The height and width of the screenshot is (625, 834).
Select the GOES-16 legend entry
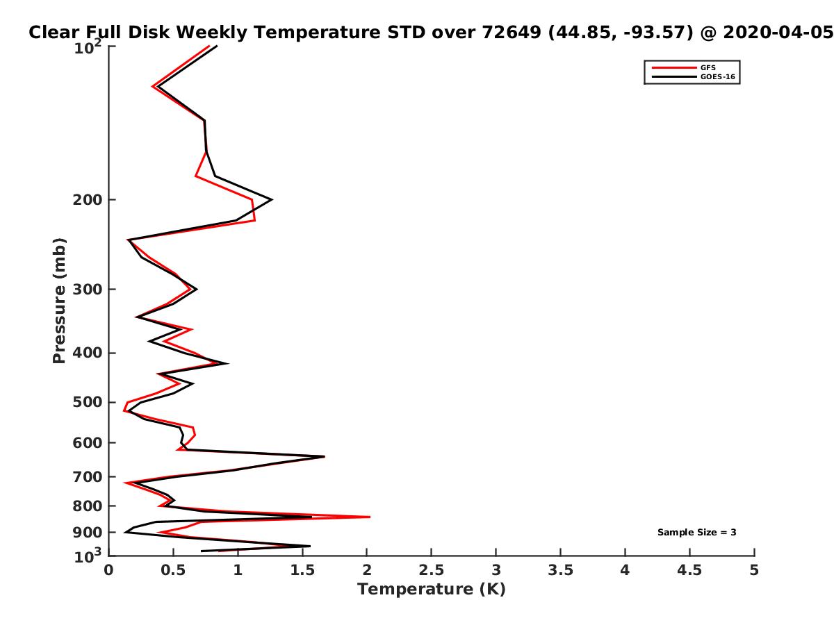(x=693, y=76)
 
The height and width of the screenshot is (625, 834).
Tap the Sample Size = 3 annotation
(x=696, y=532)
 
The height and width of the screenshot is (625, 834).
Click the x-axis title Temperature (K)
(x=432, y=590)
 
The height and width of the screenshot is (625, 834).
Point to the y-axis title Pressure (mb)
(x=59, y=301)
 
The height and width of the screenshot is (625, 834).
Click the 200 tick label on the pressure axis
(x=88, y=200)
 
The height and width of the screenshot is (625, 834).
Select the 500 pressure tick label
(x=88, y=402)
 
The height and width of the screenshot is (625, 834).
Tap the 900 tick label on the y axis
(x=88, y=533)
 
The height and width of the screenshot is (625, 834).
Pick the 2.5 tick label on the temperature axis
(x=432, y=570)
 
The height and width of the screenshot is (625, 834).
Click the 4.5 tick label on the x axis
(x=689, y=570)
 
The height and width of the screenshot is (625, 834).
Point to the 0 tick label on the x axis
(x=108, y=570)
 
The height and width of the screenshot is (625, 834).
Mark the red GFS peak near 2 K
(x=370, y=517)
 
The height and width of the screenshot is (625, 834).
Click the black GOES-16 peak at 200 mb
(x=272, y=199)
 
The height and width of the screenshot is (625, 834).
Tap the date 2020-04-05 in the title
(x=778, y=32)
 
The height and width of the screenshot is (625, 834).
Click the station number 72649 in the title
(x=512, y=32)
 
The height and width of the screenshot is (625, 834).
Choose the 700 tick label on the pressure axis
(x=88, y=477)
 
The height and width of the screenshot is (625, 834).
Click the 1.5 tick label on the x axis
(x=302, y=570)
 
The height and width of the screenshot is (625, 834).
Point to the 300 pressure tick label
(x=88, y=290)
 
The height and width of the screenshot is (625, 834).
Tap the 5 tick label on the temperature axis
(x=754, y=570)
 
